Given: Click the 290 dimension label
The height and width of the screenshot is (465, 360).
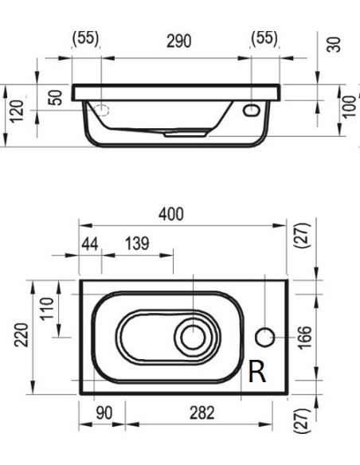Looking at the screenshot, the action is pyautogui.click(x=178, y=41).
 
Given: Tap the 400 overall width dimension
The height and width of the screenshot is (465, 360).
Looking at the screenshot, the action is pyautogui.click(x=171, y=214).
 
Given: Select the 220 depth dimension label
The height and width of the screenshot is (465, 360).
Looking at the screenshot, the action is pyautogui.click(x=22, y=335).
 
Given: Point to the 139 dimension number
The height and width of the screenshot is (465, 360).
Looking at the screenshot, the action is pyautogui.click(x=137, y=244).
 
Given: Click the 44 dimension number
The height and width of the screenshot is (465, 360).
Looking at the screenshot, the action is pyautogui.click(x=90, y=244).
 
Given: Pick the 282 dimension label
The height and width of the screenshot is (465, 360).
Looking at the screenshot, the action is pyautogui.click(x=202, y=412).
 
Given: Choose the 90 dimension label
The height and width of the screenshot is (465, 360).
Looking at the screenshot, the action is pyautogui.click(x=104, y=412).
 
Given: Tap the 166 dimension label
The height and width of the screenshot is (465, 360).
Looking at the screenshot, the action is pyautogui.click(x=305, y=338).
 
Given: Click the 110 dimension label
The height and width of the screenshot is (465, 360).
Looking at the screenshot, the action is pyautogui.click(x=47, y=308).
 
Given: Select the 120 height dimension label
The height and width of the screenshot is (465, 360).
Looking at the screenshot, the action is pyautogui.click(x=16, y=111).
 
